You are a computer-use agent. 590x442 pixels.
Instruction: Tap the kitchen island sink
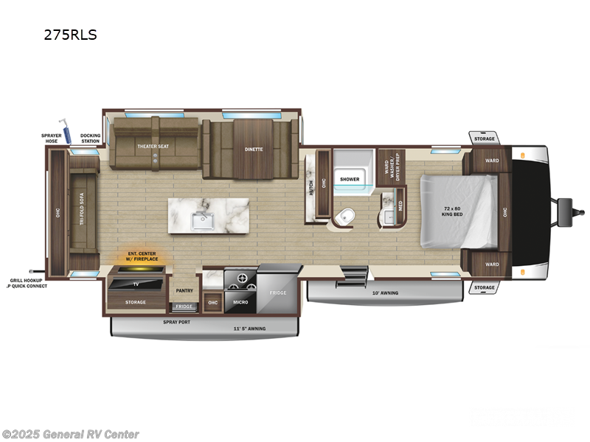pos(201,219)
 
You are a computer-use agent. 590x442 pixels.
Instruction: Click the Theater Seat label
pos(153,146)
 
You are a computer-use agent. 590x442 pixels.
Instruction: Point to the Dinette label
pos(254,149)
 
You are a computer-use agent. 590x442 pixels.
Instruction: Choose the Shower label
pos(350,179)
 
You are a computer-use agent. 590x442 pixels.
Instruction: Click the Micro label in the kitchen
pos(240,302)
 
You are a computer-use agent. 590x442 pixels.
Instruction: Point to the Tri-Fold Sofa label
pos(83,209)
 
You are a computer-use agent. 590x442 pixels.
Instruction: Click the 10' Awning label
pos(384,292)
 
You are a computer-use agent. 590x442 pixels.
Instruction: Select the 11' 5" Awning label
pos(249,328)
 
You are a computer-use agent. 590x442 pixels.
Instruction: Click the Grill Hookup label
pos(26,281)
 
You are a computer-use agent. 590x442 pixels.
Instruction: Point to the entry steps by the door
pos(353,278)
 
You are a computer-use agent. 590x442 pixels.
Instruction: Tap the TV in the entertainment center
pos(135,284)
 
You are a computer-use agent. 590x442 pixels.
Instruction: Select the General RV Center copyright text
pos(71,434)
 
